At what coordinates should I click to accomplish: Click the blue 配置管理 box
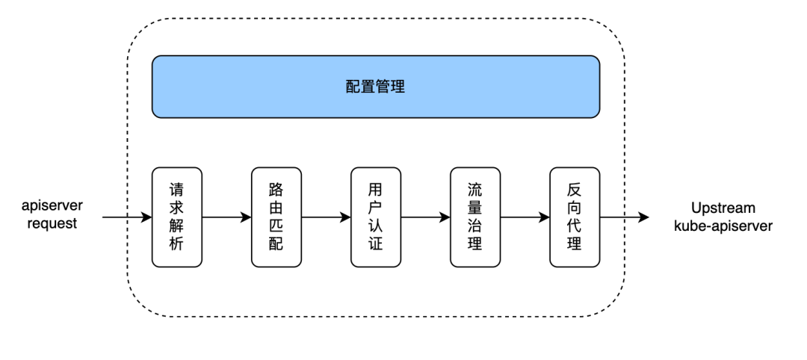pyautogui.click(x=376, y=87)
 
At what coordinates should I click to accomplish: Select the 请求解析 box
pyautogui.click(x=177, y=217)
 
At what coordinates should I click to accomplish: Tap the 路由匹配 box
pyautogui.click(x=276, y=217)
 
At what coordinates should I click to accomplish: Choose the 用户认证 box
pyautogui.click(x=376, y=217)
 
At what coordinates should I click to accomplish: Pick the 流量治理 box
pyautogui.click(x=475, y=217)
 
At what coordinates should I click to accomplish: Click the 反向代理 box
pyautogui.click(x=575, y=217)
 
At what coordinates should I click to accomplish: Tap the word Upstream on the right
pyautogui.click(x=724, y=208)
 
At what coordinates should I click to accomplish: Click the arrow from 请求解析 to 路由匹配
pyautogui.click(x=227, y=217)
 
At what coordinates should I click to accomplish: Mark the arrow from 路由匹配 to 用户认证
pyautogui.click(x=327, y=217)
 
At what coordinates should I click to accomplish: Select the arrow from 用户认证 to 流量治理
pyautogui.click(x=426, y=217)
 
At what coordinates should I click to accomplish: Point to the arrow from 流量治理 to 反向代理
pyautogui.click(x=525, y=217)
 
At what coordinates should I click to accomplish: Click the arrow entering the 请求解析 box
pyautogui.click(x=127, y=217)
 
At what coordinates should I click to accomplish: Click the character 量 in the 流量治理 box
pyautogui.click(x=475, y=208)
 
